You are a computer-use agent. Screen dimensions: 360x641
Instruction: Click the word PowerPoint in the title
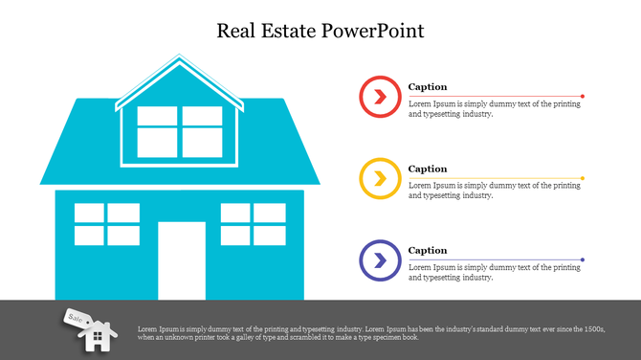click(379, 31)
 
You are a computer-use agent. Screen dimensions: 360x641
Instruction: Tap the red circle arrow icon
click(379, 96)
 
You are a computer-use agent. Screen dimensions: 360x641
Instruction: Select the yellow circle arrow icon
click(379, 178)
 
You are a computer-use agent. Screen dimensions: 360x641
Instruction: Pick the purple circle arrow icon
click(379, 259)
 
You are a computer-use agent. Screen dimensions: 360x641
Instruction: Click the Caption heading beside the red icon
click(428, 87)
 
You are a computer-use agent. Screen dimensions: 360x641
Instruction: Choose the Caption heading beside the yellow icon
click(428, 169)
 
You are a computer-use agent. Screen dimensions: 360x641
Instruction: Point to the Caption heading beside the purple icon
click(428, 251)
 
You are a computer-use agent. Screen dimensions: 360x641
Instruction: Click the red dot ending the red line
click(583, 96)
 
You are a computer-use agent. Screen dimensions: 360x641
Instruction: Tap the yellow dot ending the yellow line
click(583, 178)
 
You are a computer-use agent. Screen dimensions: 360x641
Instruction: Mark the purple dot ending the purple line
click(583, 259)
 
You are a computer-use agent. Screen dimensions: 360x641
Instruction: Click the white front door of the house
click(182, 259)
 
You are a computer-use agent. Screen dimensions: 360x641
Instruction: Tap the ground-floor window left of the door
click(107, 224)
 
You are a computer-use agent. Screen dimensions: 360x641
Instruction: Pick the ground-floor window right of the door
click(253, 224)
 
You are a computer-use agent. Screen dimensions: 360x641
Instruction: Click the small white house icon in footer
click(97, 336)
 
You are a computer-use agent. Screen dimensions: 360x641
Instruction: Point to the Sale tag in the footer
click(75, 317)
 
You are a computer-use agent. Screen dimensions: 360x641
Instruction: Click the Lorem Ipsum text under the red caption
click(494, 109)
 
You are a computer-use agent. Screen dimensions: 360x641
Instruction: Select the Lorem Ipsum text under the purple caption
click(494, 273)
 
